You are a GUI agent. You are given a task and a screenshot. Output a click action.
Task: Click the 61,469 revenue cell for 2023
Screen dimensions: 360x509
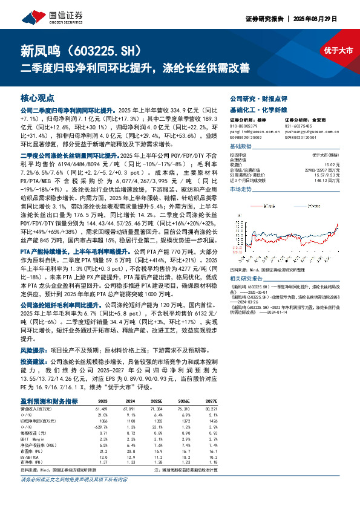click(101, 409)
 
